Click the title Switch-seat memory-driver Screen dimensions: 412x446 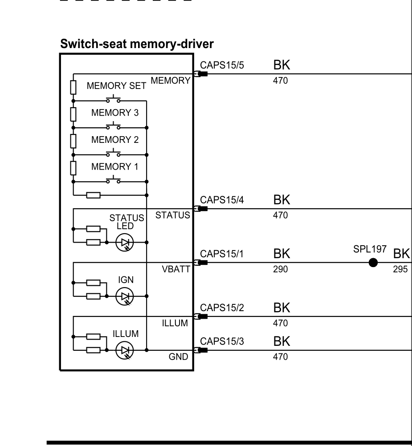[x=137, y=44]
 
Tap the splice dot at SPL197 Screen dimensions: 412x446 [x=373, y=263]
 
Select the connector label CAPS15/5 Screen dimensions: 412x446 [x=222, y=65]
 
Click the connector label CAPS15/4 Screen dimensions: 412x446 [x=222, y=200]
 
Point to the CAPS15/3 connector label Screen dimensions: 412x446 [x=222, y=341]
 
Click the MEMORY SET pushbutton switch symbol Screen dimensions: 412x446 [x=113, y=99]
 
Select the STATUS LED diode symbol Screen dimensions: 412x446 [x=125, y=242]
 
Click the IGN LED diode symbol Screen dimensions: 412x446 [x=125, y=296]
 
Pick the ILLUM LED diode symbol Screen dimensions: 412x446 [x=125, y=350]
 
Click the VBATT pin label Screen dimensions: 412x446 [x=176, y=269]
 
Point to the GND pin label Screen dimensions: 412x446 [x=179, y=357]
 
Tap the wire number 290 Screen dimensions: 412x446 [x=281, y=269]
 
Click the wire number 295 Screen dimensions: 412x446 [x=400, y=269]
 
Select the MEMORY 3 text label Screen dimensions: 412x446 [x=115, y=113]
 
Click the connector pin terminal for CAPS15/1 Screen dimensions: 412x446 [x=201, y=263]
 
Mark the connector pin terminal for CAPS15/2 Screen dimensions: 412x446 [x=201, y=316]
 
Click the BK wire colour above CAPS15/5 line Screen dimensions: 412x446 [x=281, y=65]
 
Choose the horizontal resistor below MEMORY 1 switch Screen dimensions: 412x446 [x=94, y=195]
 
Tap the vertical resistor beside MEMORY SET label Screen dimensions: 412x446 [x=73, y=87]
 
